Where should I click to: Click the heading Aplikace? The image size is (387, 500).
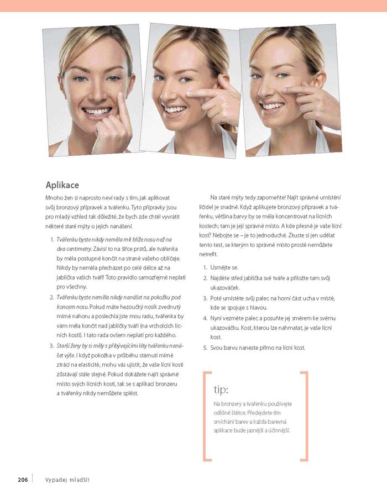[62, 185]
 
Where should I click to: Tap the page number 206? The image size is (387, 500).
[23, 480]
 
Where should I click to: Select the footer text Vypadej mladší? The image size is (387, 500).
[67, 480]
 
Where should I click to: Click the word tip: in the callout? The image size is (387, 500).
[221, 390]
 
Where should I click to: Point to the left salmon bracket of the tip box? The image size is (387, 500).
[204, 416]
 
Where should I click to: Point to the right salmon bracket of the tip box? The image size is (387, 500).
[307, 416]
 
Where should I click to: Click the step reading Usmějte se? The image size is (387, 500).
[224, 267]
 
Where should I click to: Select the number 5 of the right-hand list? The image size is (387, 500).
[205, 348]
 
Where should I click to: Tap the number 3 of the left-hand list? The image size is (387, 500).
[51, 346]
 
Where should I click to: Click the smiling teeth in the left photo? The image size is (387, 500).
[97, 112]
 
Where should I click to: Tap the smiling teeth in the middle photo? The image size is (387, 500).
[174, 109]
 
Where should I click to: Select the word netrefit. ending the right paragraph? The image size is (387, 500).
[208, 255]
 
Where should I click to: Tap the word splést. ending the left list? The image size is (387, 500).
[131, 393]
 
